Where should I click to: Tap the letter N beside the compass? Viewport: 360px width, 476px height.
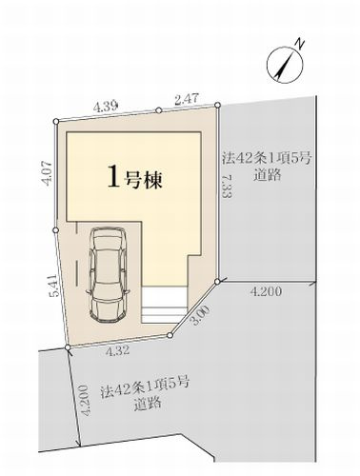[298, 42]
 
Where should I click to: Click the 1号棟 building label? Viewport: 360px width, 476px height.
[132, 177]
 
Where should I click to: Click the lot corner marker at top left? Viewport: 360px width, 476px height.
[56, 121]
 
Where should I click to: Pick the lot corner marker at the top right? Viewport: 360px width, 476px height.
[220, 109]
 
